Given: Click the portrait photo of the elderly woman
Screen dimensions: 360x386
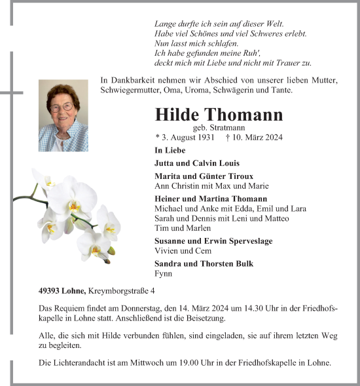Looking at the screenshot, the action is click(63, 116).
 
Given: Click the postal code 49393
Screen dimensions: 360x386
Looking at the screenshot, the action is click(50, 290).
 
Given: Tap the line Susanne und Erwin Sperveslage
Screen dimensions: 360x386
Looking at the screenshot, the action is click(213, 241).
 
